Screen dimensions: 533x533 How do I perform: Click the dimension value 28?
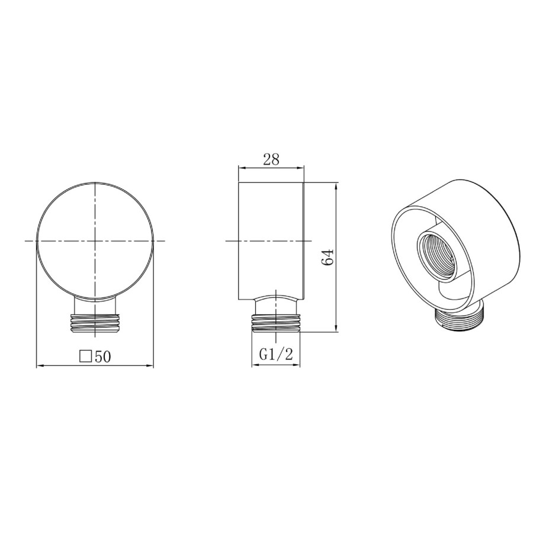coord(271,159)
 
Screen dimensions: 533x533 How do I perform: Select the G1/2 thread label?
coord(277,355)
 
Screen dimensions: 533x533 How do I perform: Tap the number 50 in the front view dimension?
coord(102,356)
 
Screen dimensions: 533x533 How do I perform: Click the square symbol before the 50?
coord(85,356)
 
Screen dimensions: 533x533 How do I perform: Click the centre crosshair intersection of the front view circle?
coord(95,241)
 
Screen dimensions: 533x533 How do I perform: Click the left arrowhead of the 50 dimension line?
coord(40,366)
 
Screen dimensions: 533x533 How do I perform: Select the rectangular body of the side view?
coord(271,237)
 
